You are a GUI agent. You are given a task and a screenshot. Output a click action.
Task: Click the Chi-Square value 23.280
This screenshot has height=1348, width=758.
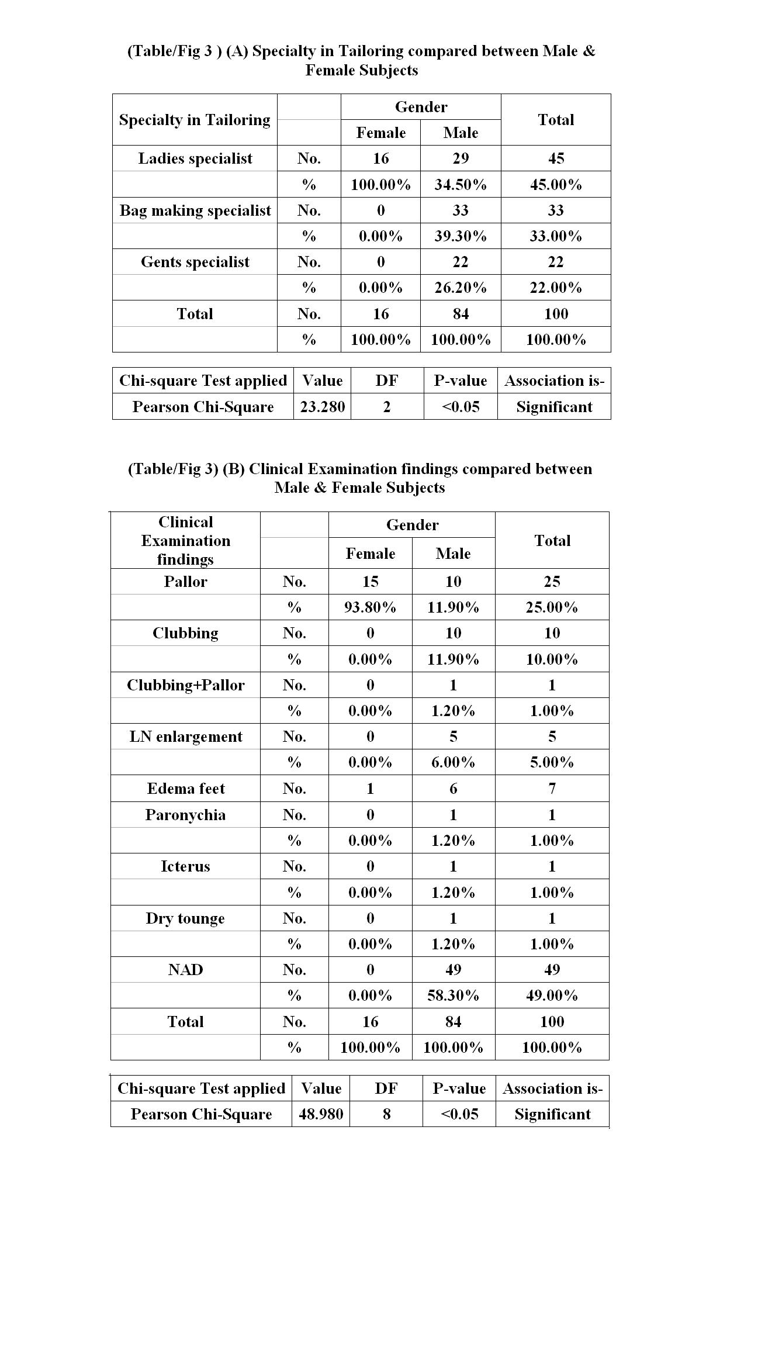point(322,407)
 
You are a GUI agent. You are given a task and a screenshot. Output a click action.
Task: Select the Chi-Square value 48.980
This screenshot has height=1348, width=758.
point(321,1114)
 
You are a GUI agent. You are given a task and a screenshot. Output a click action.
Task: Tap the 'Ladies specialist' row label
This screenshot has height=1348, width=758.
point(195,158)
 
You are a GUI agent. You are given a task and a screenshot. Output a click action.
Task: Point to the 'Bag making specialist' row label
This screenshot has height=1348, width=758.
point(195,210)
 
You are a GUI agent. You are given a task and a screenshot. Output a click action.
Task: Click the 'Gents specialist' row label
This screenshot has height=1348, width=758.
point(195,262)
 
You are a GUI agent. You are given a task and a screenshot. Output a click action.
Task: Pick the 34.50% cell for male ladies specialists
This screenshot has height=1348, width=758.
point(461,185)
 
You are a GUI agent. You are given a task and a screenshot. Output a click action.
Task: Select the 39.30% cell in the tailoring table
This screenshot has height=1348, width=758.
point(461,236)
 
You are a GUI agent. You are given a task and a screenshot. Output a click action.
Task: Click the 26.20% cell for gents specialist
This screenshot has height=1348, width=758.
point(461,288)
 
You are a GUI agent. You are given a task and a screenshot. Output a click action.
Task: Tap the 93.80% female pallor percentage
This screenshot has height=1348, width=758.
point(370,607)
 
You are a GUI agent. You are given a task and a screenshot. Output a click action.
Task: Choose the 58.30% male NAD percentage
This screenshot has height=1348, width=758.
point(453,995)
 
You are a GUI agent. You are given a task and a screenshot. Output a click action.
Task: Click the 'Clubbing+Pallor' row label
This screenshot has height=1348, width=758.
point(185,685)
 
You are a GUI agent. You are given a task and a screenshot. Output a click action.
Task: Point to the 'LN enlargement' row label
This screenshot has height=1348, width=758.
point(185,737)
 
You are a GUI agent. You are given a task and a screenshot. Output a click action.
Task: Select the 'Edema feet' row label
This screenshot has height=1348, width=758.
point(185,789)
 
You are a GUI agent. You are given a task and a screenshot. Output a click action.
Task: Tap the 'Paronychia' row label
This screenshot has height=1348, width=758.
point(185,815)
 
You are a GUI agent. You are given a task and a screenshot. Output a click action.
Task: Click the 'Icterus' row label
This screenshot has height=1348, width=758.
point(185,866)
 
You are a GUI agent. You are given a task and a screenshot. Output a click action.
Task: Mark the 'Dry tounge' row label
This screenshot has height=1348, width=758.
point(185,918)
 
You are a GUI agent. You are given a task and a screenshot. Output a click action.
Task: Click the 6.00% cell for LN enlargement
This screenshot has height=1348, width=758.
point(453,762)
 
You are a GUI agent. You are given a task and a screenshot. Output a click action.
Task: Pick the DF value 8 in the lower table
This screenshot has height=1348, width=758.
point(386,1114)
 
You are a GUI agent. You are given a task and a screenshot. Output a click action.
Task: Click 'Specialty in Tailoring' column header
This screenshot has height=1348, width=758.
point(195,120)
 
